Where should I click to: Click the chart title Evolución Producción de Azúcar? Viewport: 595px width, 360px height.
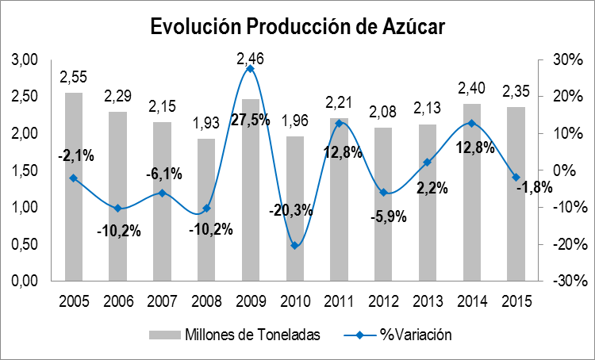[297, 25]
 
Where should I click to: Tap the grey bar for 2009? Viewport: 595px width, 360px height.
[250, 190]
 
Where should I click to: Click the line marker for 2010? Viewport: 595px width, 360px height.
[294, 246]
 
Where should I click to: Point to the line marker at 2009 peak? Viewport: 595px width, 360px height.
[250, 69]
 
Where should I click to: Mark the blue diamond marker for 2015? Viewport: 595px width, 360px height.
[515, 177]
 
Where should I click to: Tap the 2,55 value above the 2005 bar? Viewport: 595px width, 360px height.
[74, 78]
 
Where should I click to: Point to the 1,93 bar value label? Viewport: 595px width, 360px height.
[206, 124]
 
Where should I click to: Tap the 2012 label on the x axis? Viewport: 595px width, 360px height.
[382, 302]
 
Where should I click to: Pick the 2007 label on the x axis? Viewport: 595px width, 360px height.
[162, 302]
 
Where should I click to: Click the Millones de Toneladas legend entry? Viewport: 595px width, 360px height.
[237, 335]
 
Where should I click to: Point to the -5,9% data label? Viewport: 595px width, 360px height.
[383, 216]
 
